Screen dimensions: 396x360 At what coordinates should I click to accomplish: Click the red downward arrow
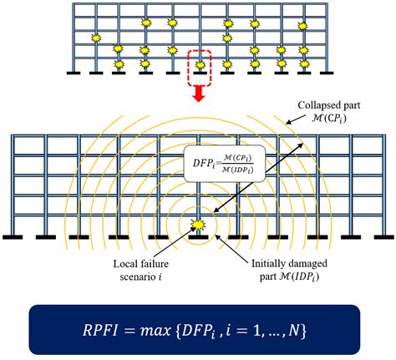click(199, 94)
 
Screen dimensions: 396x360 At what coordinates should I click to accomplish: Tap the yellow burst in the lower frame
click(198, 225)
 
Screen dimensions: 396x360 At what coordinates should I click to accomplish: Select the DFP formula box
click(225, 164)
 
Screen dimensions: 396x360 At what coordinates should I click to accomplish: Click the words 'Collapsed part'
click(329, 105)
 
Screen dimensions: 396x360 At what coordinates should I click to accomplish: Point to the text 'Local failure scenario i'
click(141, 270)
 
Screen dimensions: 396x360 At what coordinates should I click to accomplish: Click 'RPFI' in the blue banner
click(100, 330)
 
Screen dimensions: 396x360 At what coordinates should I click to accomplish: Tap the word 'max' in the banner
click(155, 331)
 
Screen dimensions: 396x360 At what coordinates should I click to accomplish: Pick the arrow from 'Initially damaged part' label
click(232, 246)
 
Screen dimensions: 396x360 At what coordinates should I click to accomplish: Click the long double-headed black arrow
click(258, 178)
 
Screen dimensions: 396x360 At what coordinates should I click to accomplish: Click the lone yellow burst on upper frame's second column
click(96, 38)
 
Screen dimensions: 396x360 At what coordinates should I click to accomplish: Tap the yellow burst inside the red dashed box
click(200, 65)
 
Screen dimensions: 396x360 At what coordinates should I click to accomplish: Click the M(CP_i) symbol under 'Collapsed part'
click(329, 119)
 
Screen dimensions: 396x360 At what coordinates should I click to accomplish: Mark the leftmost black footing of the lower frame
click(13, 237)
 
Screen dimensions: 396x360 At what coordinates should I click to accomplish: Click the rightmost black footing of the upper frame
click(327, 73)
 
